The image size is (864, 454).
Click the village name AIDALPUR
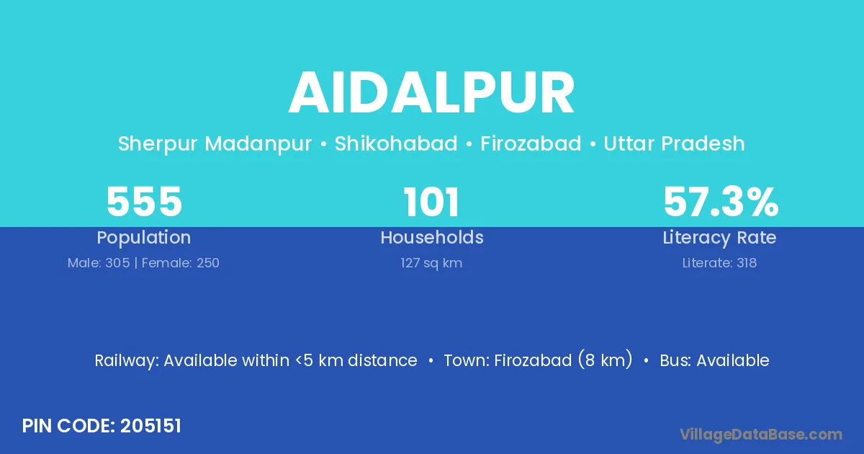coord(431,93)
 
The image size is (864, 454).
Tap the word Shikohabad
coord(396,143)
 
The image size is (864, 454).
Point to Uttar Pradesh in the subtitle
coord(674,143)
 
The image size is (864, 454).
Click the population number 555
coord(144,202)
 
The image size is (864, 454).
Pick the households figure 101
coord(431,202)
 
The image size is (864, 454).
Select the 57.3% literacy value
coord(721,202)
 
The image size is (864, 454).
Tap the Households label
coord(432,237)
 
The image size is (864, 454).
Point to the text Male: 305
coord(99,263)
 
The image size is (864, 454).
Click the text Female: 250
coord(181,263)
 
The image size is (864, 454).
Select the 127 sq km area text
coord(431,263)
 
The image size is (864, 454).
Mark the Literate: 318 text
coord(719,263)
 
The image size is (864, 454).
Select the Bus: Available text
coord(714,360)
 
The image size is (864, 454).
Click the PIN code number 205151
coord(150,426)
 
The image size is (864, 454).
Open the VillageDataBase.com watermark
coord(761,435)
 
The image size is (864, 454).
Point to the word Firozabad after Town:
coord(532,360)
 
